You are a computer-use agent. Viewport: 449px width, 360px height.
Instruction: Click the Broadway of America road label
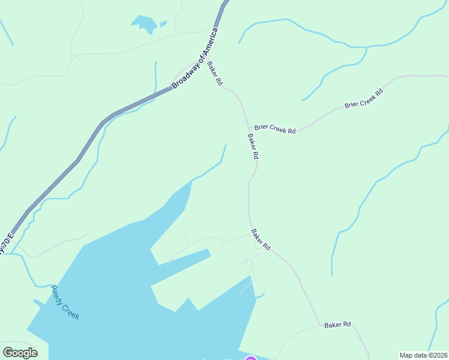click(x=194, y=58)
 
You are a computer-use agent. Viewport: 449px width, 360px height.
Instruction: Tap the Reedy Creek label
click(x=65, y=302)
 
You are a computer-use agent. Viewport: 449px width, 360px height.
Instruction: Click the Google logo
click(x=20, y=353)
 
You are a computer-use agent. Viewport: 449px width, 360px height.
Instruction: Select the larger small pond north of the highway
click(x=144, y=24)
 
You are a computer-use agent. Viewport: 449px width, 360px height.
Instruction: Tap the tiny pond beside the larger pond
click(x=163, y=24)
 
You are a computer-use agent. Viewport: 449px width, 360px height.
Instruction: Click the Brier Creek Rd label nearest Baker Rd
click(x=275, y=128)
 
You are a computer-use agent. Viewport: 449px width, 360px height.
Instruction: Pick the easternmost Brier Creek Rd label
click(x=363, y=100)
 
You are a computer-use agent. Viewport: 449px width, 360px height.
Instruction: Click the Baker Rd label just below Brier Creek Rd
click(x=253, y=146)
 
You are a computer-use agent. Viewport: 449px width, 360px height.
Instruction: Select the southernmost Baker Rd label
click(x=337, y=325)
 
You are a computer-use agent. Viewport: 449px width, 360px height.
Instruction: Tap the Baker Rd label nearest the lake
click(x=261, y=239)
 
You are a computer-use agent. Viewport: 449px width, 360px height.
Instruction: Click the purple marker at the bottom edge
click(x=251, y=358)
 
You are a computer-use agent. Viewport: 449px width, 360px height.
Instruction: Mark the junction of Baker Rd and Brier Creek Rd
click(x=248, y=128)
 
